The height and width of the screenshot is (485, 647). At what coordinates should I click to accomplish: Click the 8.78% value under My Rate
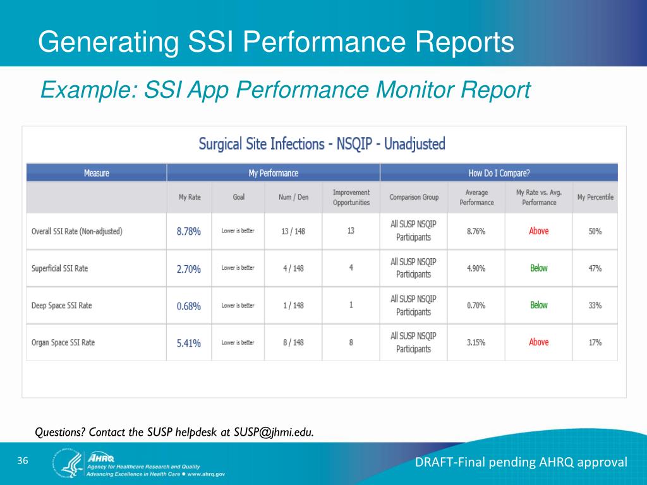[188, 232]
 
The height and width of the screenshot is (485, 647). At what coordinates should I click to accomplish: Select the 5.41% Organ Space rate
[188, 343]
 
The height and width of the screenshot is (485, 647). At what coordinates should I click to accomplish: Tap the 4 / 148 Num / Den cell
[293, 268]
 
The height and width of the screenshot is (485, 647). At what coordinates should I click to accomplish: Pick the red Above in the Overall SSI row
[539, 231]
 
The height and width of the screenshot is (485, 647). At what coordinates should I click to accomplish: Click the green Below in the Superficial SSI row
[539, 268]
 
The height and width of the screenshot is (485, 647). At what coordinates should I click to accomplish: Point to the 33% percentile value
[595, 306]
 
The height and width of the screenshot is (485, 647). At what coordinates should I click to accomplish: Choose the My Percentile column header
[595, 197]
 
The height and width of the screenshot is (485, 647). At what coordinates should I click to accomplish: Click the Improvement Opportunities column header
[351, 197]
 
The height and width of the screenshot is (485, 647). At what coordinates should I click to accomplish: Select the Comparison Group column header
[414, 197]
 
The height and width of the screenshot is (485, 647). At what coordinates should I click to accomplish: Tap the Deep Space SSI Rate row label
[62, 306]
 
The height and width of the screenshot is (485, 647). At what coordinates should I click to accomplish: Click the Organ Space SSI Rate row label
[63, 343]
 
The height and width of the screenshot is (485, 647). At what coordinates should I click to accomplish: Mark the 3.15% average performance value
[476, 343]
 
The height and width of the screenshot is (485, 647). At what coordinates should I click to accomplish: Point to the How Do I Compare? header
[499, 173]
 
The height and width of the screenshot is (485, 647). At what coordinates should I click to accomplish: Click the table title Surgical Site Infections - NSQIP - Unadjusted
[322, 144]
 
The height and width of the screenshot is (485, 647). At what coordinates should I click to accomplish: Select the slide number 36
[23, 461]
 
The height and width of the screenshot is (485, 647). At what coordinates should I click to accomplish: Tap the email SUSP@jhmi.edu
[273, 433]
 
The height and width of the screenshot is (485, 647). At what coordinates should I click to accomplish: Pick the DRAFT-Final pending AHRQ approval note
[521, 463]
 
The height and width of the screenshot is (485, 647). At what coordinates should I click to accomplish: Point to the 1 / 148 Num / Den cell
[293, 306]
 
